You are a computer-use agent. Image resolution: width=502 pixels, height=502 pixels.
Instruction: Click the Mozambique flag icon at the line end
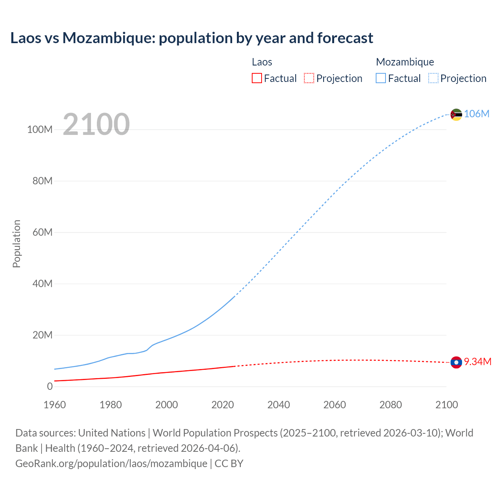pyautogui.click(x=456, y=115)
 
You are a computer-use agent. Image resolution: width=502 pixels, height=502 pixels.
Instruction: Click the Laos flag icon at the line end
pyautogui.click(x=456, y=362)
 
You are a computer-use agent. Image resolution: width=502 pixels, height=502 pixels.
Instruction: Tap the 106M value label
pyautogui.click(x=477, y=114)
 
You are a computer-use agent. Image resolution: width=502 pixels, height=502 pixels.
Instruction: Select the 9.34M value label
pyautogui.click(x=477, y=362)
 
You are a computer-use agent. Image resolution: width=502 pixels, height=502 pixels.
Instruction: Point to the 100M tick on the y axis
pyautogui.click(x=40, y=130)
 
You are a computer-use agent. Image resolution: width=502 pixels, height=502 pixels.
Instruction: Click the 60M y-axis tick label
pyautogui.click(x=42, y=232)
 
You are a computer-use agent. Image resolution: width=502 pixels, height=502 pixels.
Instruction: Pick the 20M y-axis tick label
pyautogui.click(x=42, y=335)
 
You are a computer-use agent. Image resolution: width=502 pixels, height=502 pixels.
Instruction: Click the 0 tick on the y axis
pyautogui.click(x=50, y=386)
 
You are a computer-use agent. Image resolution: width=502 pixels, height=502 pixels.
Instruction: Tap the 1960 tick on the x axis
pyautogui.click(x=55, y=405)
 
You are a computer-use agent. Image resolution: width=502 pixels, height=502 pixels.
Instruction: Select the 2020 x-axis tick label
pyautogui.click(x=222, y=405)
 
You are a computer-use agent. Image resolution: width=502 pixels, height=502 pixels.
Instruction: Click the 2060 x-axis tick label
pyautogui.click(x=335, y=405)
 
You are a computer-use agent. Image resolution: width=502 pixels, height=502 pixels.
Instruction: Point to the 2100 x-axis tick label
pyautogui.click(x=446, y=405)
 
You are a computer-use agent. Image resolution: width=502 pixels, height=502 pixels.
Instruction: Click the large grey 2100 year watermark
pyautogui.click(x=96, y=124)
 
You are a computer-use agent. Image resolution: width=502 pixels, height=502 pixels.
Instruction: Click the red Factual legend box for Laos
pyautogui.click(x=256, y=78)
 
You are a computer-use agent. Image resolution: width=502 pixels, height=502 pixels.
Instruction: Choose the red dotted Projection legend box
pyautogui.click(x=309, y=78)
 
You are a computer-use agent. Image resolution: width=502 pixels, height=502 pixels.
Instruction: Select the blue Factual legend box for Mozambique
pyautogui.click(x=381, y=78)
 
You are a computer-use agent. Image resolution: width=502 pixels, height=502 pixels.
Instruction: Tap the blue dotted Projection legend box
pyautogui.click(x=433, y=78)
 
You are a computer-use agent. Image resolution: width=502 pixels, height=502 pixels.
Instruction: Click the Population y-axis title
pyautogui.click(x=16, y=244)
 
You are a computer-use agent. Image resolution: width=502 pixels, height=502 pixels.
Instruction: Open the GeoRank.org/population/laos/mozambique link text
pyautogui.click(x=111, y=463)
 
